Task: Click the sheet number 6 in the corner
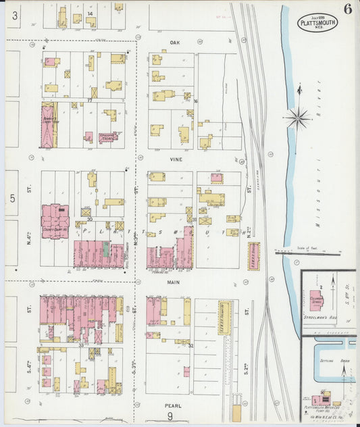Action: pyautogui.click(x=346, y=9)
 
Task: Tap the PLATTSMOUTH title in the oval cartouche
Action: pyautogui.click(x=317, y=23)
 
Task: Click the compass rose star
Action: pyautogui.click(x=297, y=118)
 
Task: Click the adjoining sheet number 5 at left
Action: pyautogui.click(x=11, y=198)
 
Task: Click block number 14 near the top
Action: pyautogui.click(x=89, y=13)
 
